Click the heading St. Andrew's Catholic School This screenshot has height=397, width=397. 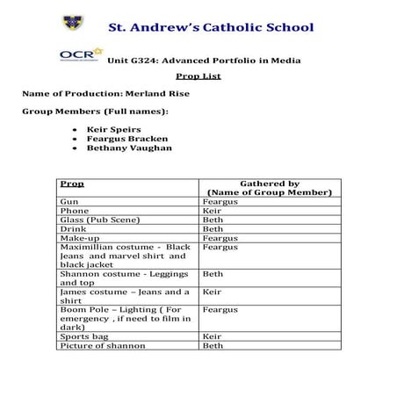coord(210,27)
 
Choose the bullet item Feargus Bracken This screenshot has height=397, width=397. coord(127,138)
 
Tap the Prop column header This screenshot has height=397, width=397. coord(72,183)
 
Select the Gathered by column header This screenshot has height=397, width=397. coord(269,187)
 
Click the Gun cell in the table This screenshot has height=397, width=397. coord(69,201)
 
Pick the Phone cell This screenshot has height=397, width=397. coord(74,211)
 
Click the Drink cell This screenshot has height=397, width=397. coord(71,228)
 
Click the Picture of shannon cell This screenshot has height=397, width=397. coord(102,345)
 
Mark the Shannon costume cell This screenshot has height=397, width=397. coord(123,278)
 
